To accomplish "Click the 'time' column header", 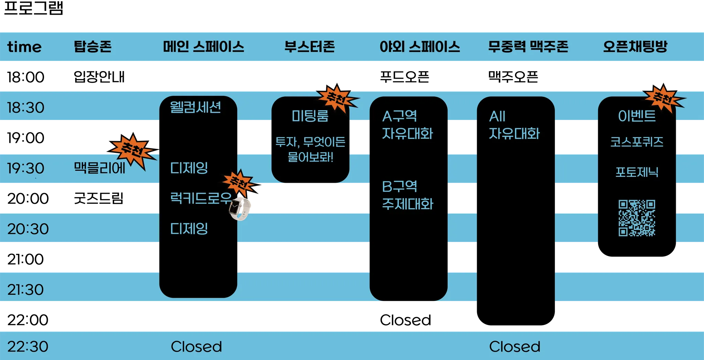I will (24, 47).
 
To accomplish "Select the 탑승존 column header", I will (92, 47).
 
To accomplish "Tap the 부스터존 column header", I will (309, 47).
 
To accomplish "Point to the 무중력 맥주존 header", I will (528, 47).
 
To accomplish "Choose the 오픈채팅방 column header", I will (635, 47).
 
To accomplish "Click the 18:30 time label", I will (26, 108).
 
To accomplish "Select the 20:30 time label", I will (28, 229).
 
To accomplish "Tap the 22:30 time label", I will (28, 346).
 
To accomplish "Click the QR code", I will (637, 218).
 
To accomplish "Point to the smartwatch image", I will (240, 207).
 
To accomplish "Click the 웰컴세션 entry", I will (195, 107).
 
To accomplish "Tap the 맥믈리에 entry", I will (99, 168).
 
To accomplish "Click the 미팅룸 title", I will (310, 116).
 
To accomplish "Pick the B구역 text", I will (399, 187).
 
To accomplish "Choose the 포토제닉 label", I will (637, 172).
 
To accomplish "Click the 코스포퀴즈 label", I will (637, 142).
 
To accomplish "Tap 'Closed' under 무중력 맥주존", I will (515, 346).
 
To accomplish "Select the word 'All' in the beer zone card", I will (497, 116).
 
